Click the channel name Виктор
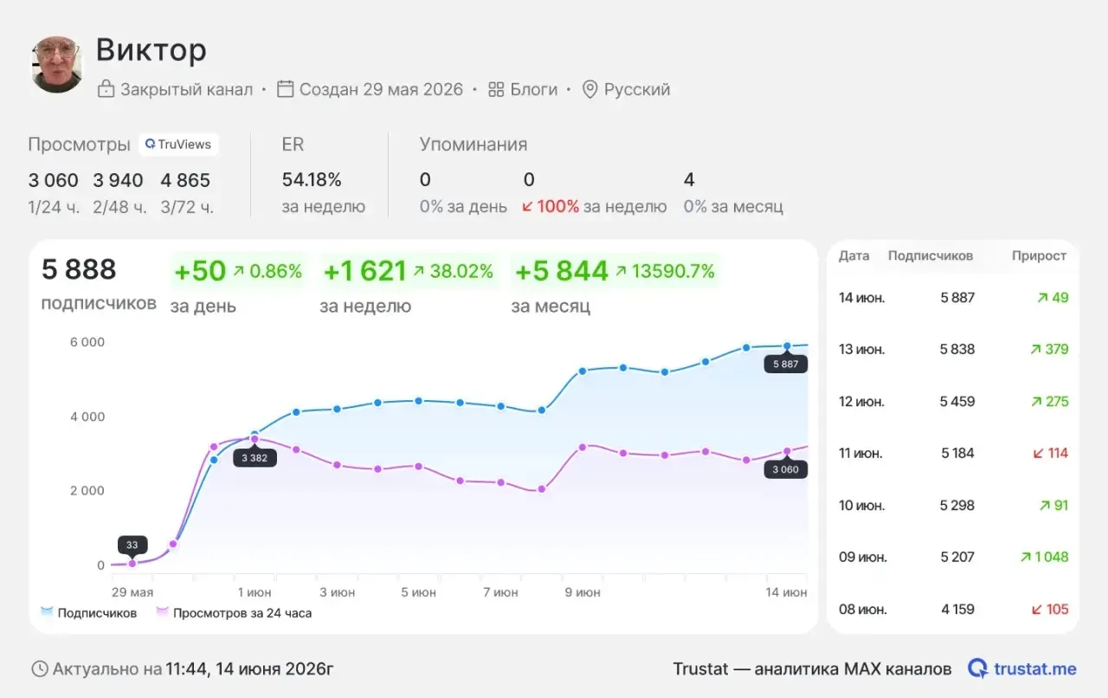click(x=151, y=50)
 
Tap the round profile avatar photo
click(x=57, y=64)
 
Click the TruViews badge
click(x=178, y=145)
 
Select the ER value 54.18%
click(x=312, y=180)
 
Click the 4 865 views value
click(x=185, y=180)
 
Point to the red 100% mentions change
click(x=557, y=206)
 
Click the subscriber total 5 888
click(x=79, y=269)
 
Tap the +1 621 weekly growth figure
click(x=364, y=271)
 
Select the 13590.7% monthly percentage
click(x=673, y=271)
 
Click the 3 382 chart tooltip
click(x=254, y=458)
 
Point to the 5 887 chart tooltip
click(x=785, y=365)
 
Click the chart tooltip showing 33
click(x=132, y=545)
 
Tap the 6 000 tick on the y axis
click(x=87, y=342)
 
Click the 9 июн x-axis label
click(x=583, y=592)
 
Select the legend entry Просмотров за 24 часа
click(x=242, y=613)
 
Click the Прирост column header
click(x=1039, y=256)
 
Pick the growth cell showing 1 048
click(x=1051, y=557)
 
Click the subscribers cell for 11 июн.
click(x=957, y=453)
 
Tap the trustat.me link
click(x=1034, y=669)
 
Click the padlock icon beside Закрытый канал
click(x=106, y=88)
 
